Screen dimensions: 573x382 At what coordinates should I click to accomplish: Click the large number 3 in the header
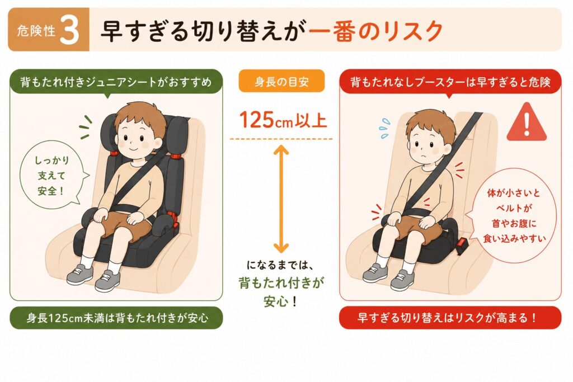click(69, 31)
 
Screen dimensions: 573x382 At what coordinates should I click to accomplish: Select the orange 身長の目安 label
click(281, 81)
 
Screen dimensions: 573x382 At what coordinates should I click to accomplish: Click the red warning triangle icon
click(526, 122)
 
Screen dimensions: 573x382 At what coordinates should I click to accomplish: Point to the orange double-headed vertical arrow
click(281, 200)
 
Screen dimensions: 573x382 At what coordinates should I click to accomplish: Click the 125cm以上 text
click(283, 120)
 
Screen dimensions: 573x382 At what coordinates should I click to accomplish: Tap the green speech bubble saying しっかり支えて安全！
click(52, 176)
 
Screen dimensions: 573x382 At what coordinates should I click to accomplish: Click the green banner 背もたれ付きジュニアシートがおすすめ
click(116, 82)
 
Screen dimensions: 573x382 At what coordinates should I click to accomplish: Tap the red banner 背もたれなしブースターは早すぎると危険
click(450, 82)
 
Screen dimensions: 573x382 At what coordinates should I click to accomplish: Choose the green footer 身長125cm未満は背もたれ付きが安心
click(116, 317)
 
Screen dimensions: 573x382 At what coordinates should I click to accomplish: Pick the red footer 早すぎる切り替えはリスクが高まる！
click(450, 317)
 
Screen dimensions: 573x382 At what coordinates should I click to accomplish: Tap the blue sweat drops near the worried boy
click(384, 128)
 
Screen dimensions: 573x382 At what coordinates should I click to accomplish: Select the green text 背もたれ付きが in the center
click(281, 282)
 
